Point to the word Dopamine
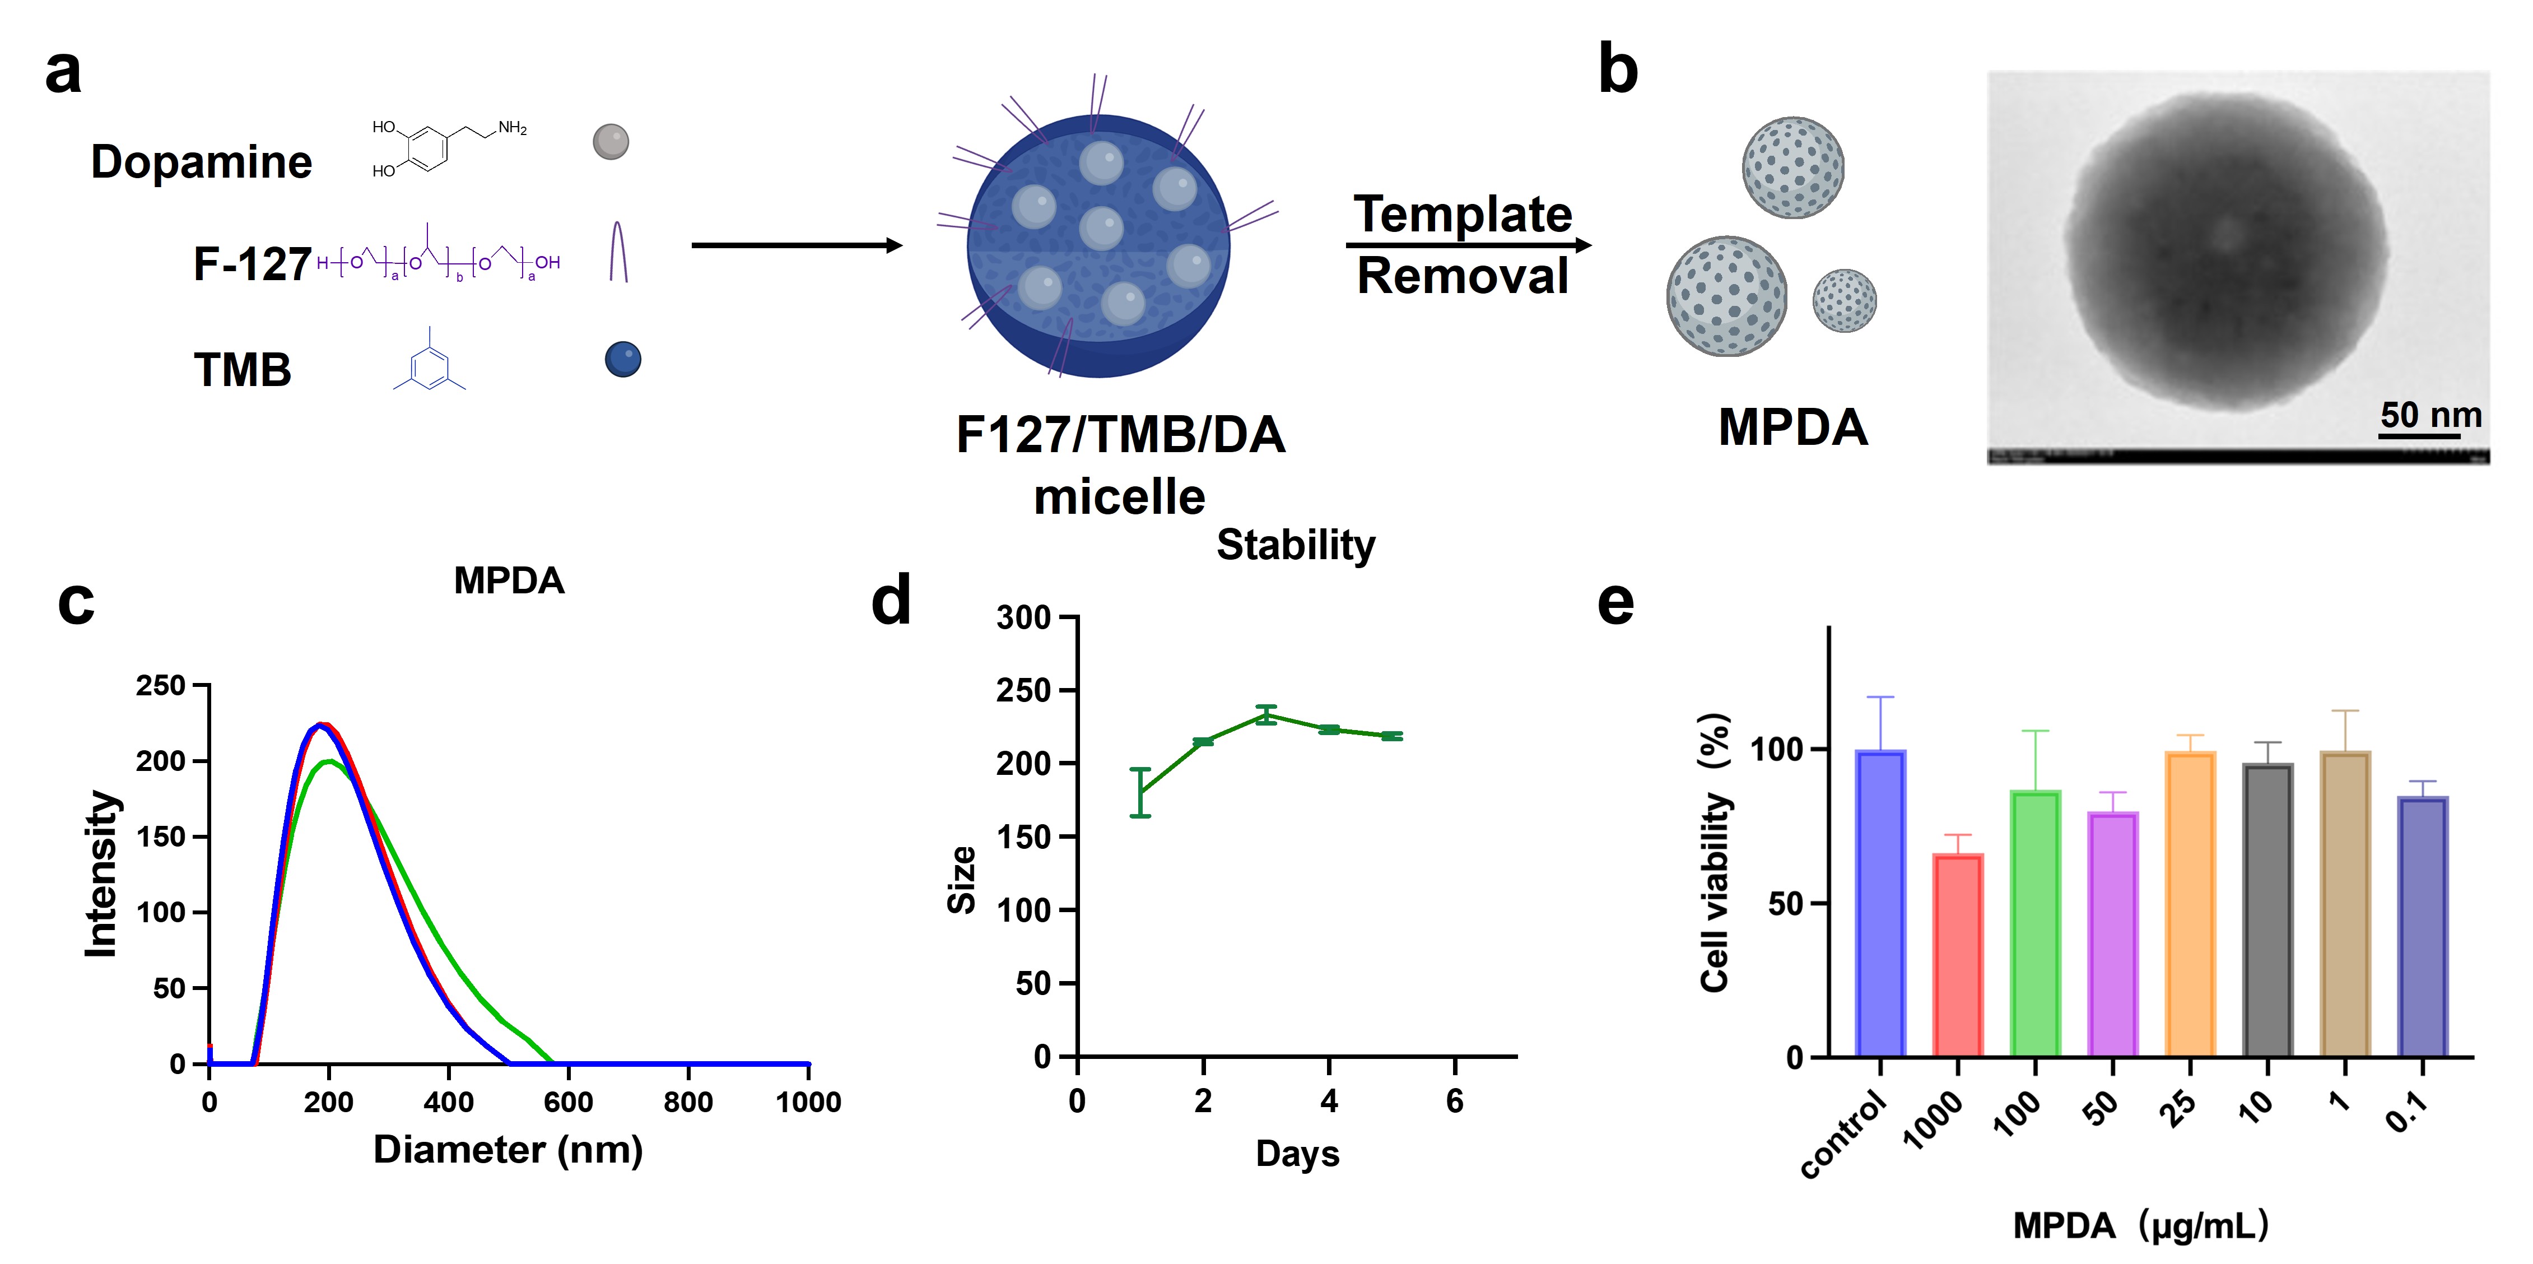tap(202, 162)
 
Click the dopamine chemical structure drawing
tap(448, 147)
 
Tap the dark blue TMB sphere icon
tap(622, 359)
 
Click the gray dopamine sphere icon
tap(611, 142)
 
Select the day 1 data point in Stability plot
tap(1140, 793)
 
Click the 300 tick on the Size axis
tap(1023, 618)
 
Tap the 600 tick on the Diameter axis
tap(569, 1102)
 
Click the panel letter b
tap(1618, 71)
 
